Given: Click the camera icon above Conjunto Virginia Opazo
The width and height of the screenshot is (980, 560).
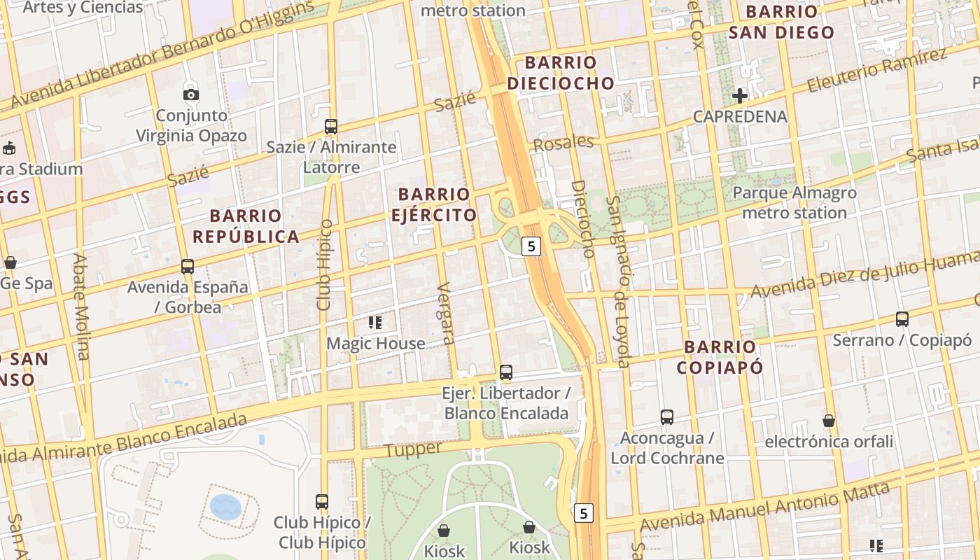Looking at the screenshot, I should point(190,94).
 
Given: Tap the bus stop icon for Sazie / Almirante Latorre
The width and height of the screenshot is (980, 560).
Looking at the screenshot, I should point(331,127).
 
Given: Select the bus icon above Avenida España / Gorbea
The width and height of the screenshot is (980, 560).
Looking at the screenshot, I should point(188,267).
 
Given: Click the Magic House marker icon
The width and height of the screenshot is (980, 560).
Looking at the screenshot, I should point(375,323).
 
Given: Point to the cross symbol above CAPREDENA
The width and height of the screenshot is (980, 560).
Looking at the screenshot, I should point(740,95).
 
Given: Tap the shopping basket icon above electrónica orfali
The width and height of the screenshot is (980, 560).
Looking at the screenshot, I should point(829,421).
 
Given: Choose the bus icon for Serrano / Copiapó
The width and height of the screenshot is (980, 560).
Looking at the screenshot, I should point(902,319).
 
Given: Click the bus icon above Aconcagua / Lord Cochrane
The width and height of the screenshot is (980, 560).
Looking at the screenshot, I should point(667,417).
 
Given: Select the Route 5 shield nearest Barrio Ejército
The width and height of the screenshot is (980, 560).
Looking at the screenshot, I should point(532,246).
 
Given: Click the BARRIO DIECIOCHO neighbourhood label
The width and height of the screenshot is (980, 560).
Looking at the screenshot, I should point(561,73).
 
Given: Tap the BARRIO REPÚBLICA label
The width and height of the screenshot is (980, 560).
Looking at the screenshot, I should point(246,226).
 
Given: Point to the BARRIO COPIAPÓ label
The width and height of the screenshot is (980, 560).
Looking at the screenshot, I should point(720,357).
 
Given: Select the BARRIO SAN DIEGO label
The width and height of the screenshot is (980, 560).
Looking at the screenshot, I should point(781,22).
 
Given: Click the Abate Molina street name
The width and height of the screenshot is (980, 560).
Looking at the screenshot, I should point(82,307).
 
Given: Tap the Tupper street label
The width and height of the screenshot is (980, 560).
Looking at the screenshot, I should point(414,449).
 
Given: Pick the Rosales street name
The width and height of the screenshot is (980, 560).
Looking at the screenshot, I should point(563,143).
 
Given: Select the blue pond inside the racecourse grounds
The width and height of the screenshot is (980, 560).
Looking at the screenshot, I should point(225,506).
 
